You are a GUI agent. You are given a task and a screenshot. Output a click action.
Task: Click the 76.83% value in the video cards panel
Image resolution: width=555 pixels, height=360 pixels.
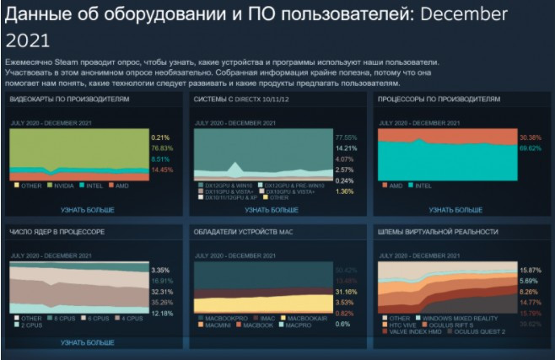[x=161, y=148]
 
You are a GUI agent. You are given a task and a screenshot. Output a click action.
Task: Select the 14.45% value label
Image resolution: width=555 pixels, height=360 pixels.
[x=161, y=169]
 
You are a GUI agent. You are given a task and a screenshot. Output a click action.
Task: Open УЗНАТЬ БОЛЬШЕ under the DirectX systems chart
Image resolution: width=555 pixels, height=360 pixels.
[x=271, y=210]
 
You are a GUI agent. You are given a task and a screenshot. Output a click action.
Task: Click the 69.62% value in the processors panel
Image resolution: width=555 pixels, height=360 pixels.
[x=531, y=148]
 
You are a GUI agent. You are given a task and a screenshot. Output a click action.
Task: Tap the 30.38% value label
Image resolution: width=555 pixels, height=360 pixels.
[x=531, y=137]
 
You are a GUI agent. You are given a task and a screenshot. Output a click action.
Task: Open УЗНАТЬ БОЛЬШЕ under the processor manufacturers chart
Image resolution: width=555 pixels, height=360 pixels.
[x=454, y=210]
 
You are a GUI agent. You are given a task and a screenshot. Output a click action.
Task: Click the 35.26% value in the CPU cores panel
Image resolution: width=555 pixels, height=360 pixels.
[x=161, y=301]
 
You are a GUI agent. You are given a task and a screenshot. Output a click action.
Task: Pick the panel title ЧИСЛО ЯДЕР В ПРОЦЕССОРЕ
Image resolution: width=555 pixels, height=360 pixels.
[x=58, y=230]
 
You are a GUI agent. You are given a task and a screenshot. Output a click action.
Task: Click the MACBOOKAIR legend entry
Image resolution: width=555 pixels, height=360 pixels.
[x=316, y=318]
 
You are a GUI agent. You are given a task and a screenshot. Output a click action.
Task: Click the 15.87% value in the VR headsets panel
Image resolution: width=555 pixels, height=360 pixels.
[x=531, y=269]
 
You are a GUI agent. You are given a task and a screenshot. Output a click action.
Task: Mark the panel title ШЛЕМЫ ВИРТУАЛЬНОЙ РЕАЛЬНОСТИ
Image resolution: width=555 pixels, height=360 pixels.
[x=439, y=230]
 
